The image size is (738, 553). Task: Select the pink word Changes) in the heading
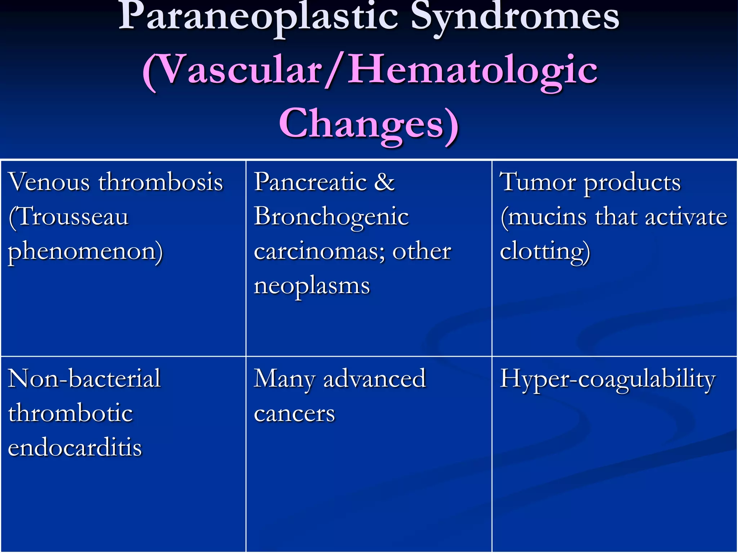[369, 124]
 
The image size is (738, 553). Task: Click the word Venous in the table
[49, 182]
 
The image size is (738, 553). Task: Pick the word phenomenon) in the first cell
[85, 252]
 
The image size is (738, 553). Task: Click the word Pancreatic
[310, 182]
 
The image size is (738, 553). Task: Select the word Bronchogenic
[331, 217]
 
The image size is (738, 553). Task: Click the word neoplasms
[312, 286]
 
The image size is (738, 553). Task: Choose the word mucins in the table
[547, 217]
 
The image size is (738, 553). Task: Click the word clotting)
[545, 252]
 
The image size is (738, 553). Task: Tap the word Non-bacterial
[84, 378]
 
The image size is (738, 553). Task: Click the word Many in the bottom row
[284, 379]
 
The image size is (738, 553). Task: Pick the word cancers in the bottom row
[294, 414]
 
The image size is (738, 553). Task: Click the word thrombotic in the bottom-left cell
[71, 413]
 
